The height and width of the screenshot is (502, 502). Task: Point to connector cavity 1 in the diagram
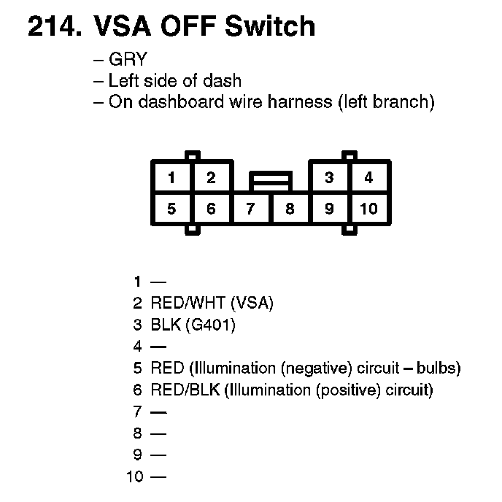[x=171, y=177]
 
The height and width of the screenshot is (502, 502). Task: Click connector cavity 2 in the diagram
[x=211, y=177]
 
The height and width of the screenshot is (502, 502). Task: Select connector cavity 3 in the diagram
[x=330, y=177]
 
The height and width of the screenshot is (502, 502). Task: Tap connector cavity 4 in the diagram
[x=369, y=177]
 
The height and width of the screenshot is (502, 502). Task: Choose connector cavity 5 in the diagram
[x=171, y=209]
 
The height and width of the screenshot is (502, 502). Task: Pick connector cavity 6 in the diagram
[x=211, y=209]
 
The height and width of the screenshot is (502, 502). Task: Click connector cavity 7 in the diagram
[x=250, y=209]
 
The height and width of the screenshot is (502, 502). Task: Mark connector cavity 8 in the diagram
[x=290, y=209]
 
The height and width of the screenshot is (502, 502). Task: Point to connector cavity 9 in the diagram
[x=330, y=209]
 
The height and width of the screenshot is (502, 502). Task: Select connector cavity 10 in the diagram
[x=369, y=209]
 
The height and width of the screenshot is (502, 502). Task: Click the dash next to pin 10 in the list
[x=158, y=478]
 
